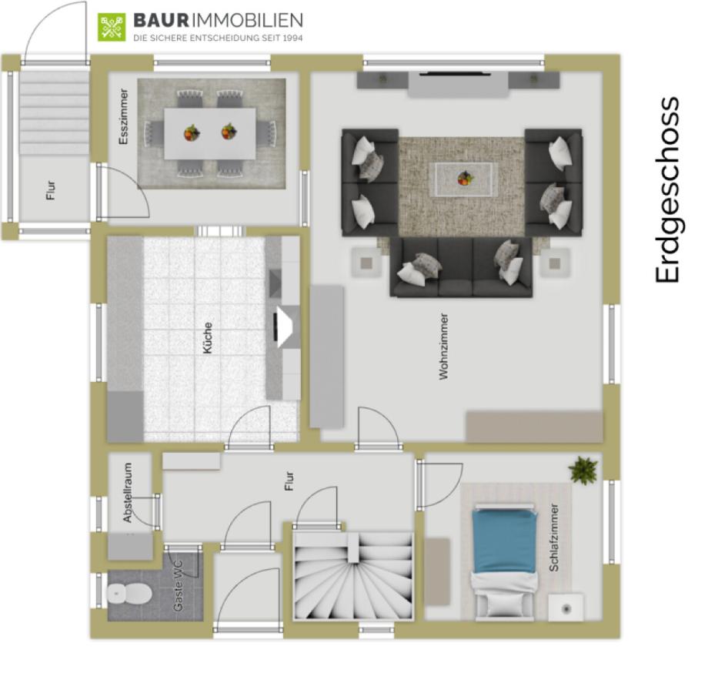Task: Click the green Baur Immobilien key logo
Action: (x=112, y=28)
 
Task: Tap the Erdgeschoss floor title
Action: (x=667, y=189)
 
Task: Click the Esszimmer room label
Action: (x=123, y=116)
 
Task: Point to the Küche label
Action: (x=207, y=338)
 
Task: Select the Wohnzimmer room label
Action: (x=444, y=346)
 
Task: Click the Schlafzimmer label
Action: (x=554, y=537)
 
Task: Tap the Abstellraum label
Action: (x=128, y=493)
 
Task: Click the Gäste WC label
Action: (x=178, y=587)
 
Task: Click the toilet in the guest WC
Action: (x=129, y=593)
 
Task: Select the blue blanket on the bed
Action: (x=505, y=541)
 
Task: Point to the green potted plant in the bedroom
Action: (x=583, y=470)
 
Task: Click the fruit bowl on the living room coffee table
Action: (x=465, y=178)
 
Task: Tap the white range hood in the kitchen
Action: (x=288, y=326)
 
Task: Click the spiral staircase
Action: (x=353, y=575)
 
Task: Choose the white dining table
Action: (x=210, y=134)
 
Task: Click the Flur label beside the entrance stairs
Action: (x=51, y=190)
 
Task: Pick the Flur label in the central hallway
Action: (x=289, y=481)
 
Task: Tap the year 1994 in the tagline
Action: (x=293, y=38)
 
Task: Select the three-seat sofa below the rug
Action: (x=461, y=267)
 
